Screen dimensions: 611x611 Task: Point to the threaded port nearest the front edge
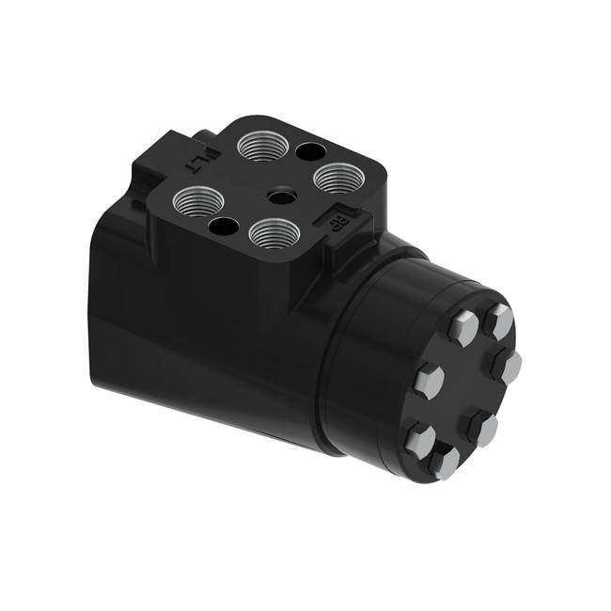click(x=273, y=232)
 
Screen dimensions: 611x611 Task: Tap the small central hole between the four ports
click(x=279, y=196)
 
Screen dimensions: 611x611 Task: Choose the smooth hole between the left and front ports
click(x=223, y=226)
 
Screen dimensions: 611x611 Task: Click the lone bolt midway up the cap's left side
click(x=430, y=381)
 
